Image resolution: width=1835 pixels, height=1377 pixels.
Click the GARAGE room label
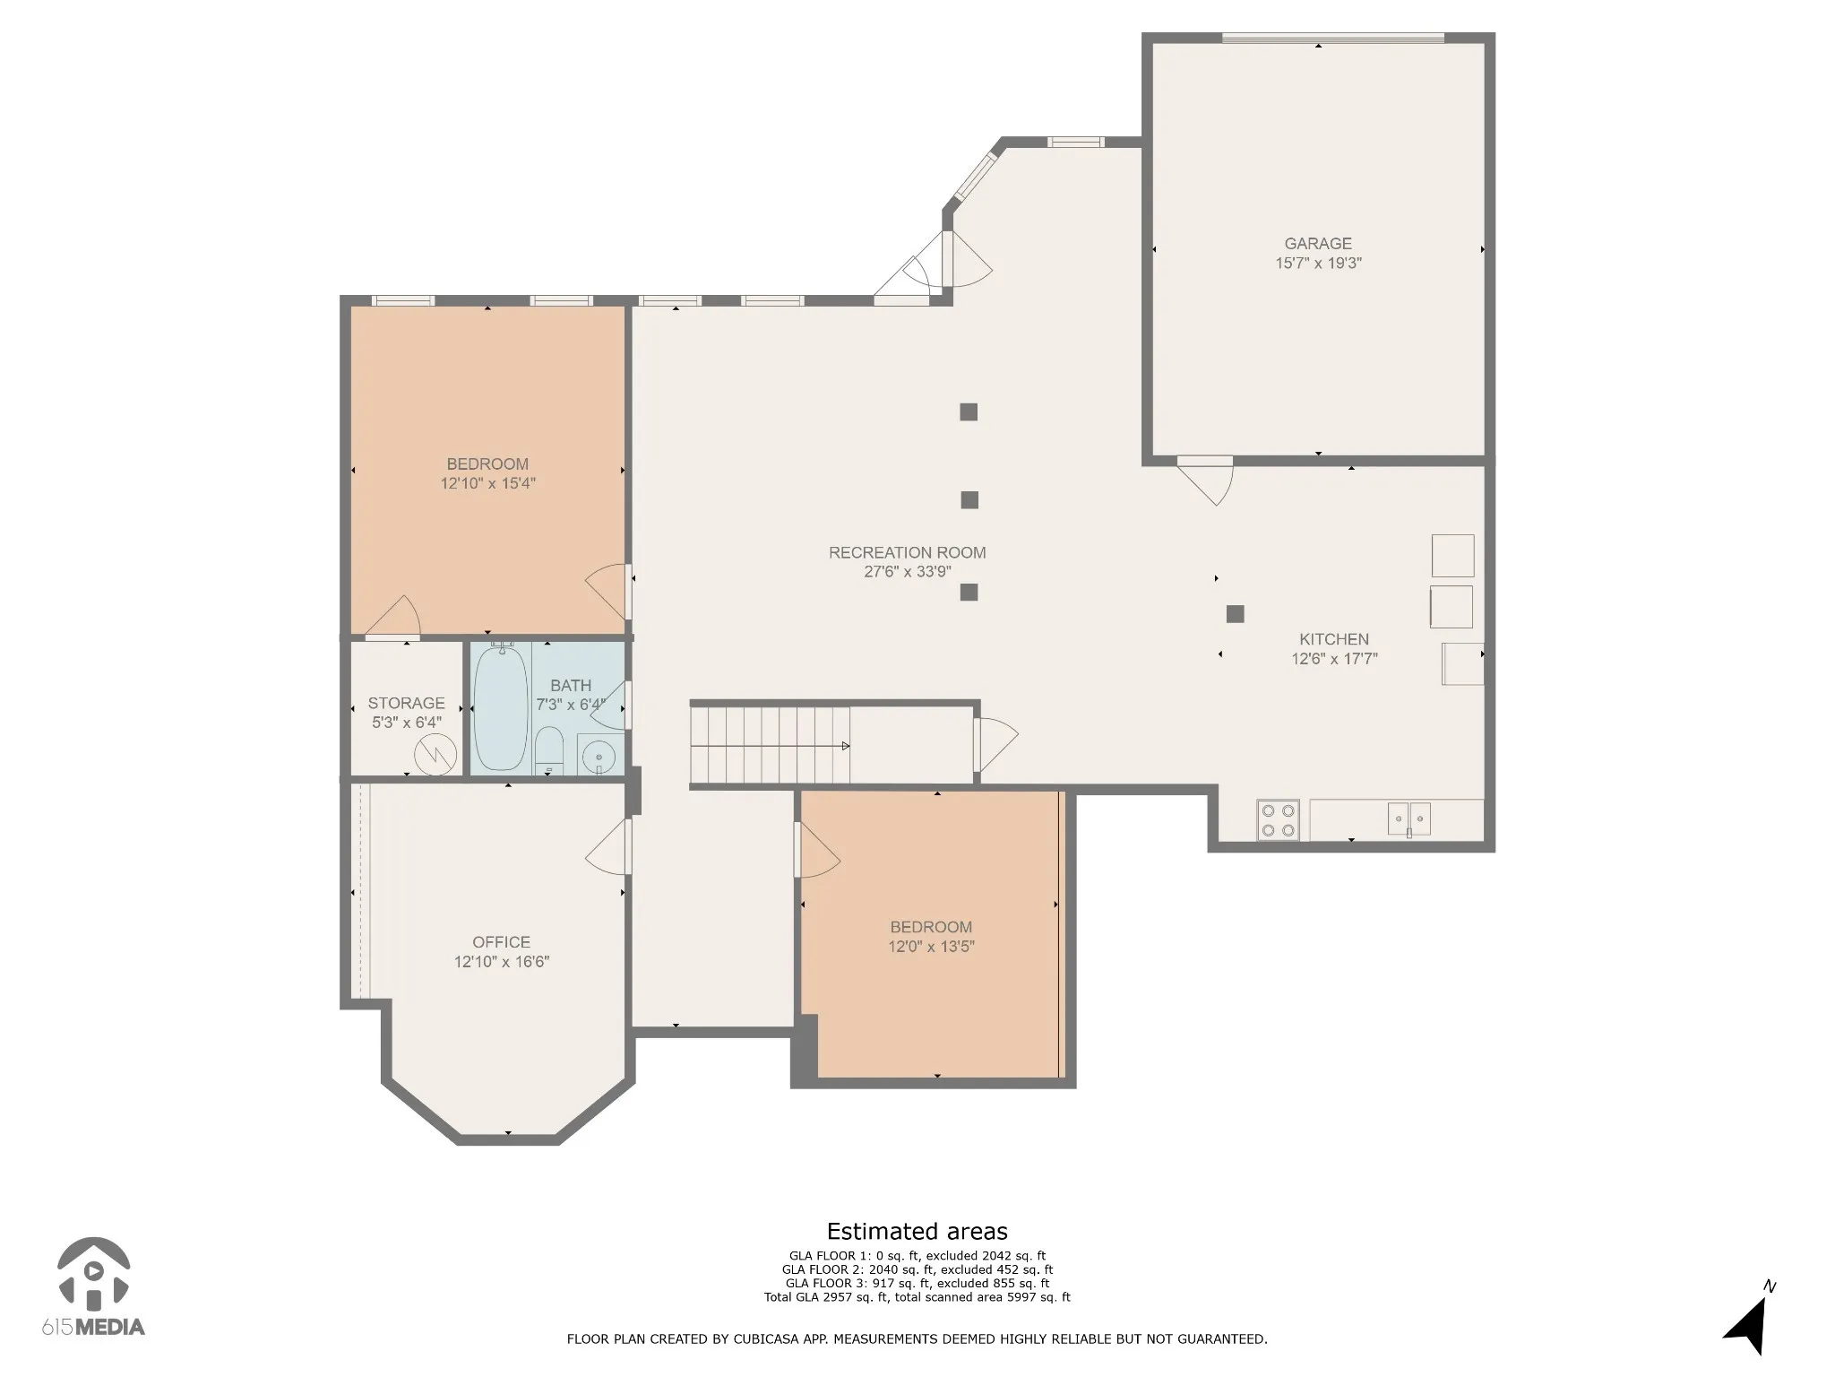[x=1318, y=243]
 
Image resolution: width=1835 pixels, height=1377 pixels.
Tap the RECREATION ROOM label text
[x=907, y=552]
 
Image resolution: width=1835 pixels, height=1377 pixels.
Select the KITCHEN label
[x=1334, y=639]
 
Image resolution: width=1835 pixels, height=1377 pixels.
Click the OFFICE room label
[x=501, y=941]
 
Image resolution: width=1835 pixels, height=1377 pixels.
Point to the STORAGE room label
[x=406, y=703]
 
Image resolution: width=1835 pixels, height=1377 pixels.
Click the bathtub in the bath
[x=502, y=708]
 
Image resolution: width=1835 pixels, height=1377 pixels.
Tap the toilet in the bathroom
[x=549, y=750]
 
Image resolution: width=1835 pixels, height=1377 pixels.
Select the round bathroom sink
[x=598, y=757]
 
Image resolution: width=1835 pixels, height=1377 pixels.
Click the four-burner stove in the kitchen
[x=1278, y=819]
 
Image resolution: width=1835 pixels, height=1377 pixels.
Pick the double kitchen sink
[x=1409, y=818]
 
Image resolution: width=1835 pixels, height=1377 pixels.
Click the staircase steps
[x=770, y=745]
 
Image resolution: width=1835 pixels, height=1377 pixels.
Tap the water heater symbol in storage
[x=435, y=753]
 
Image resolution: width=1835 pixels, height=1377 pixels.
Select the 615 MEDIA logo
[x=93, y=1288]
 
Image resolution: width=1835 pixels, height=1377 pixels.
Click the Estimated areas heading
[x=917, y=1231]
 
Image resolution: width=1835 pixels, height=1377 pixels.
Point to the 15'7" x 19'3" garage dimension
[x=1318, y=263]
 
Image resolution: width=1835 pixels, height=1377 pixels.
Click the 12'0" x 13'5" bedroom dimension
[x=931, y=946]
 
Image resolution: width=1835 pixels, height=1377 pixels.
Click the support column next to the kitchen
[x=1236, y=614]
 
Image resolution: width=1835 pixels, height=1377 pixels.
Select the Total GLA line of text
[x=917, y=1297]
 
